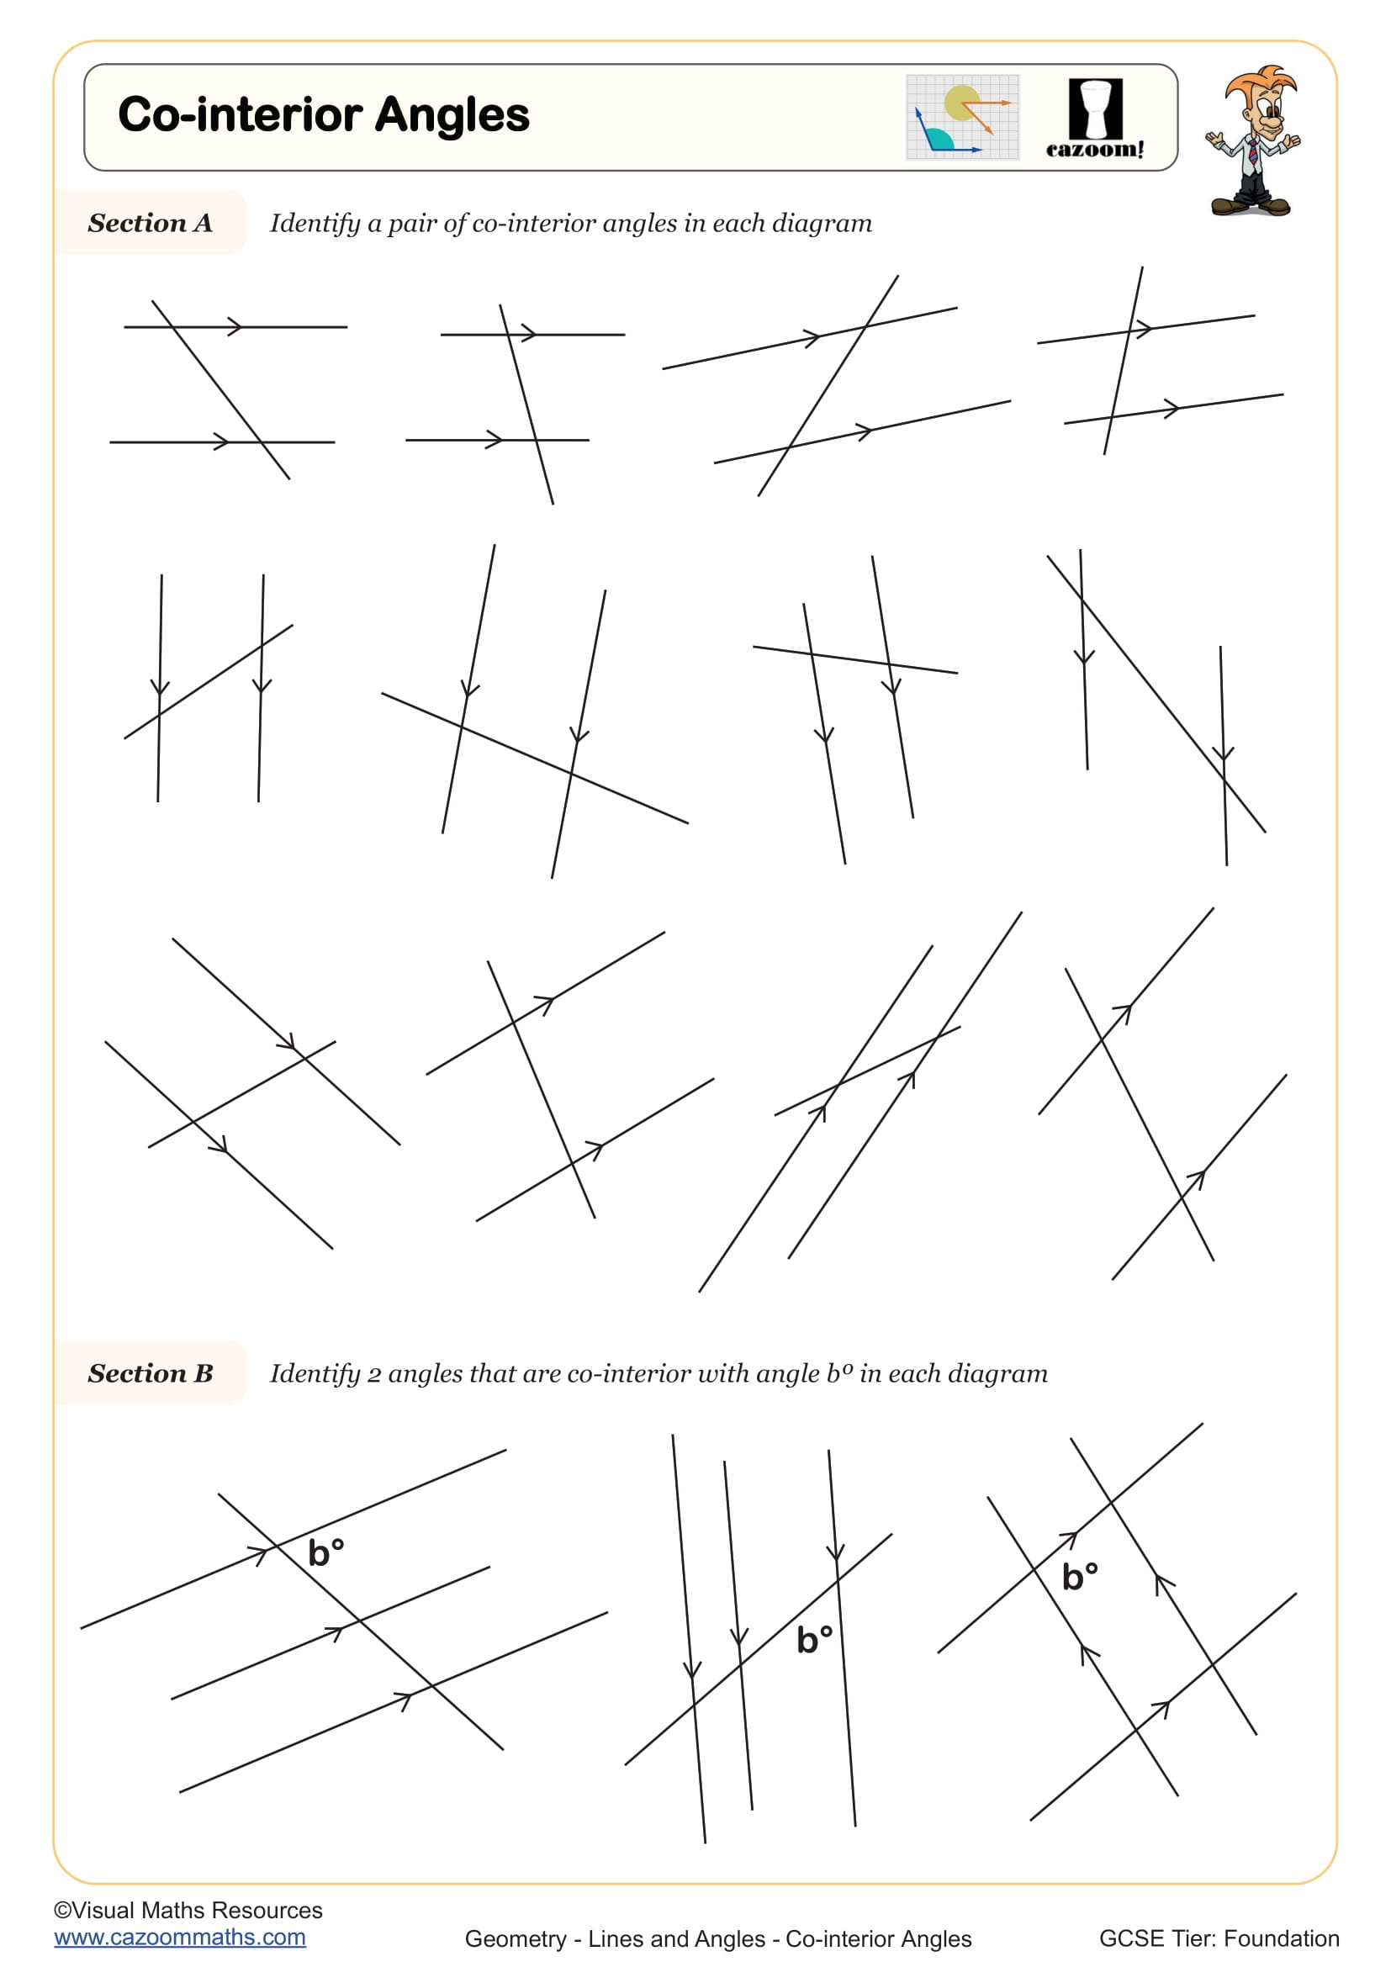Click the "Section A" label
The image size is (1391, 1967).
pyautogui.click(x=150, y=223)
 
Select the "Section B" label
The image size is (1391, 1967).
pyautogui.click(x=150, y=1373)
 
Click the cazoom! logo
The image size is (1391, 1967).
pyautogui.click(x=1095, y=119)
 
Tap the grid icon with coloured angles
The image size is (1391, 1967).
pyautogui.click(x=963, y=118)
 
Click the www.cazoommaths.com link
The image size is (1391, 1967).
pyautogui.click(x=180, y=1937)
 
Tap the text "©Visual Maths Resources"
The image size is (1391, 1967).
pyautogui.click(x=188, y=1910)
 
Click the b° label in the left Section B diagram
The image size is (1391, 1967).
pyautogui.click(x=325, y=1552)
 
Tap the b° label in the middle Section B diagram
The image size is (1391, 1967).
pyautogui.click(x=814, y=1639)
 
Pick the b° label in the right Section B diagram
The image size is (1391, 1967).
pyautogui.click(x=1079, y=1576)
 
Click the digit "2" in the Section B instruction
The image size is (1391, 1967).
pyautogui.click(x=374, y=1374)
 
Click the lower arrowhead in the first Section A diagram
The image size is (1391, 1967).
pyautogui.click(x=222, y=442)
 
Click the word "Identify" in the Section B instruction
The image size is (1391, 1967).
pyautogui.click(x=315, y=1374)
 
